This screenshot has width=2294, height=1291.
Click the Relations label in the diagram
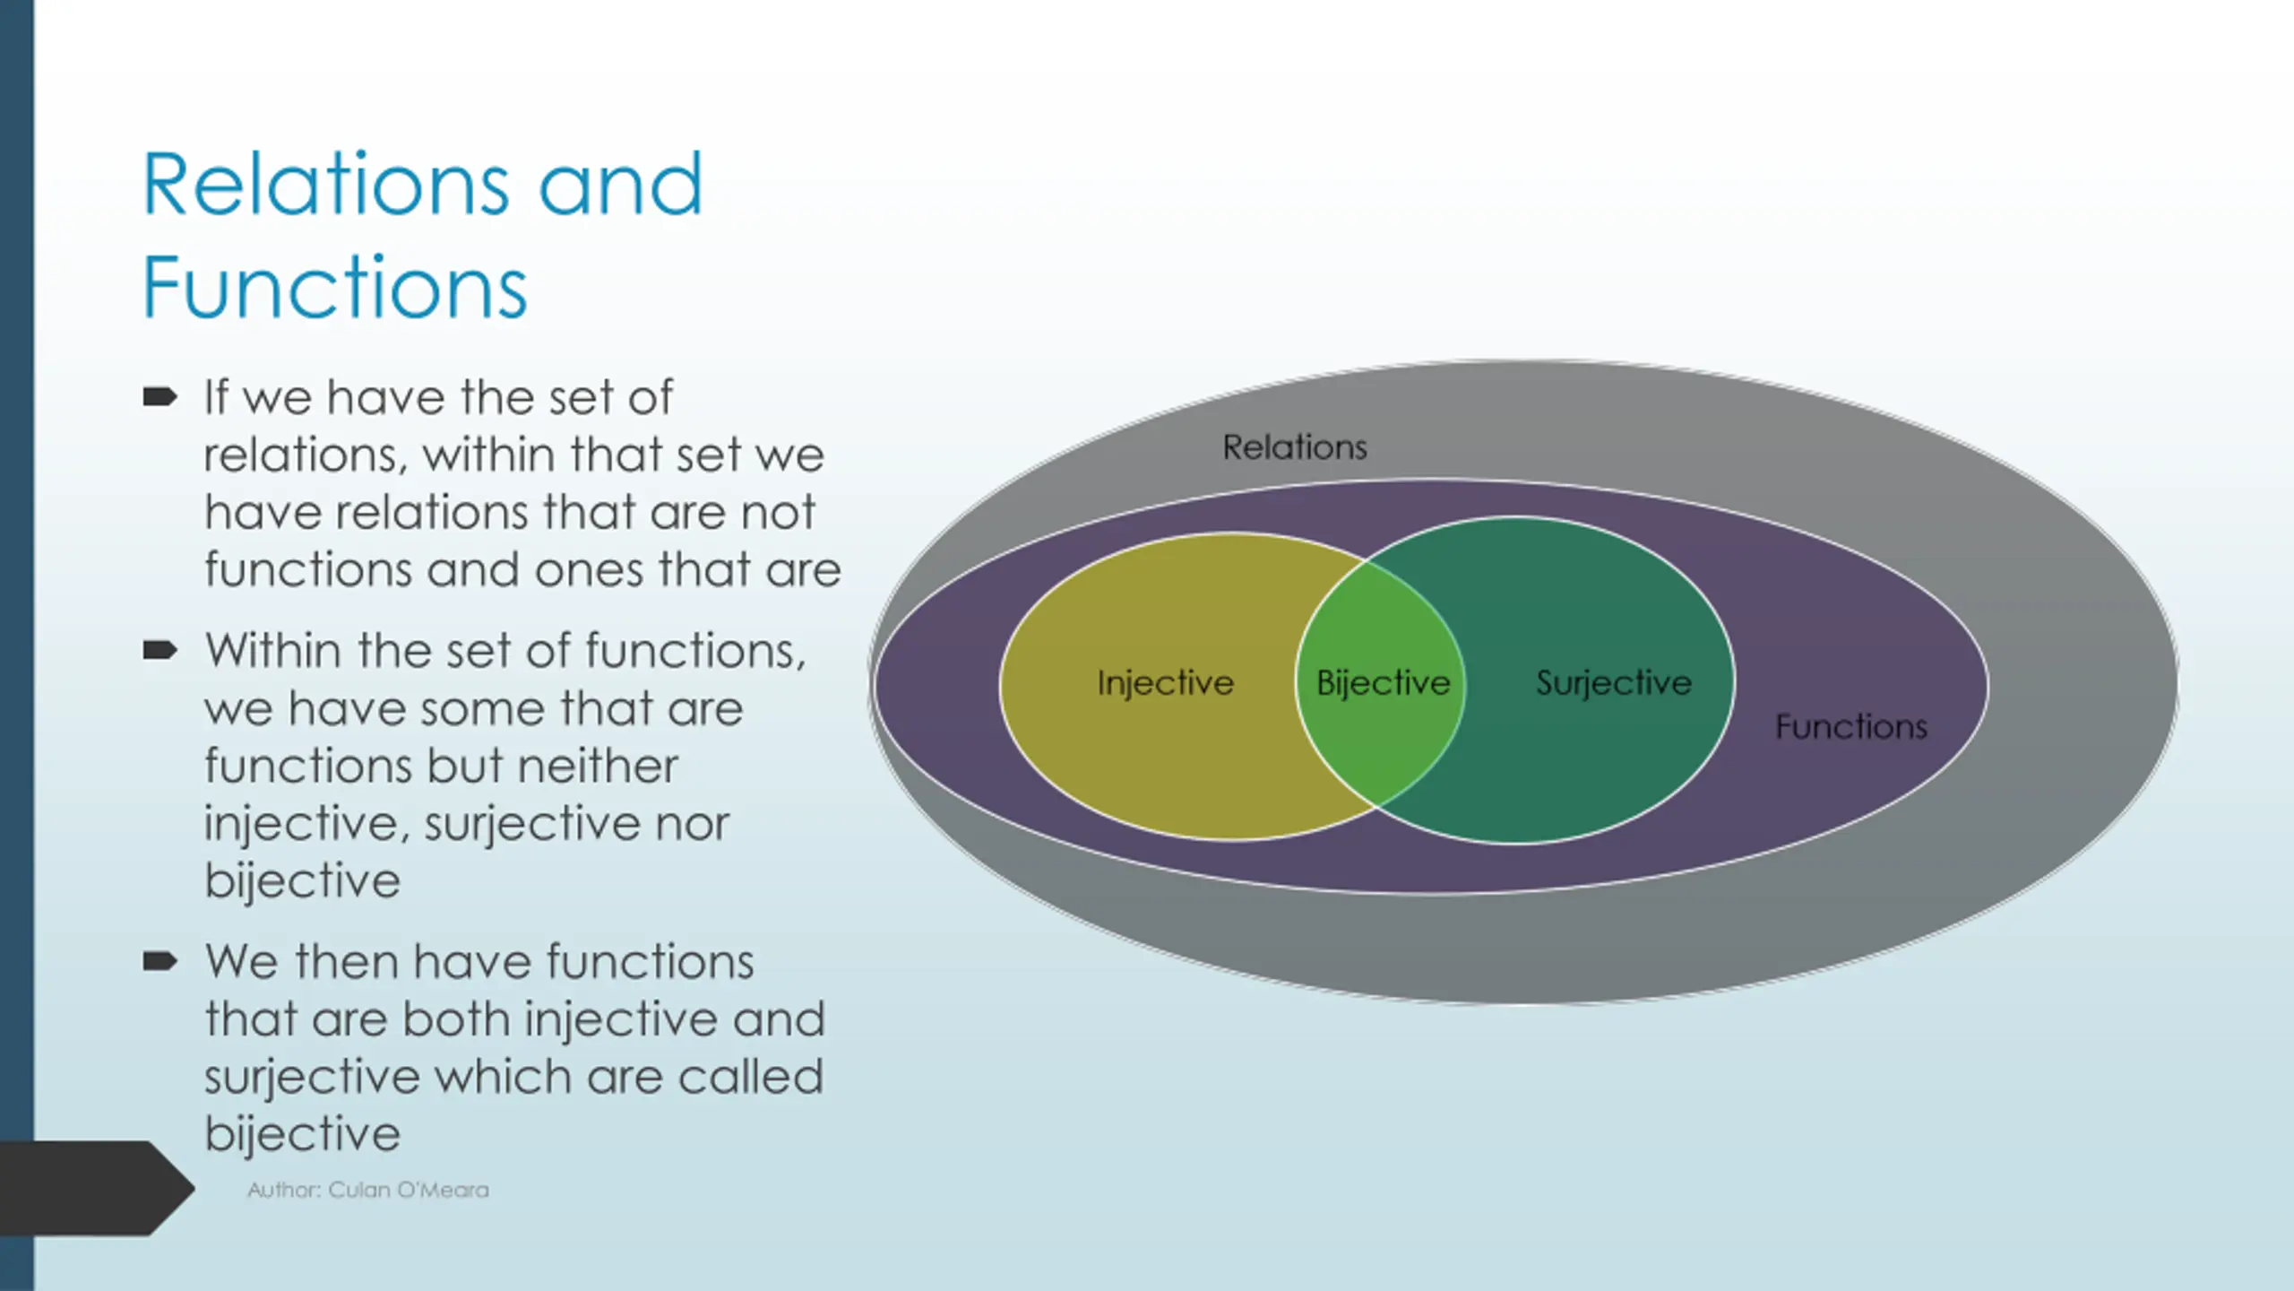(x=1295, y=447)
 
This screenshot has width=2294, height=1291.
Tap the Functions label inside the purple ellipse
(x=1851, y=726)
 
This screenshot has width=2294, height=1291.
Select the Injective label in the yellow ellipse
(x=1166, y=683)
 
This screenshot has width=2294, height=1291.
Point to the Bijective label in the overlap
(x=1383, y=683)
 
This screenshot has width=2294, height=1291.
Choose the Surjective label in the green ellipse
(x=1614, y=683)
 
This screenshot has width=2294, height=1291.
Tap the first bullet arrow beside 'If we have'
(x=160, y=396)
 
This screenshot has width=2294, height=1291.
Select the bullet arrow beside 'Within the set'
(x=160, y=650)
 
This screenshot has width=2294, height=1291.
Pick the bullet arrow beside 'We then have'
(x=160, y=961)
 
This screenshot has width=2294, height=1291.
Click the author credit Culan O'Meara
(x=409, y=1190)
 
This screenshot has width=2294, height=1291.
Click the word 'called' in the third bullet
(x=750, y=1077)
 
